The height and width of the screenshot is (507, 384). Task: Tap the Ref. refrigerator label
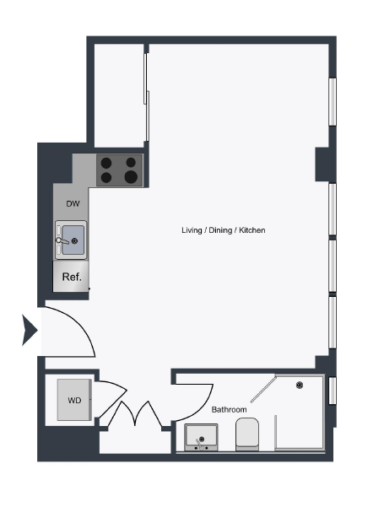[71, 275]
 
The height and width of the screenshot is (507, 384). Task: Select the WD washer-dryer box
[74, 401]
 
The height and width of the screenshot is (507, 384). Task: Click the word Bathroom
[229, 409]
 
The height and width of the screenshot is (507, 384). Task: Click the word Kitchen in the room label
[252, 230]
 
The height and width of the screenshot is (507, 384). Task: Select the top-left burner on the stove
[107, 163]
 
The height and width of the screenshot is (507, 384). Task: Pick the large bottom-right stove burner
[131, 176]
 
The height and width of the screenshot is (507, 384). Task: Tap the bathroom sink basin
[201, 438]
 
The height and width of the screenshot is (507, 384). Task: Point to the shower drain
[299, 386]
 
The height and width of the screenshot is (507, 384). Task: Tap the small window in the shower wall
[333, 391]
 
